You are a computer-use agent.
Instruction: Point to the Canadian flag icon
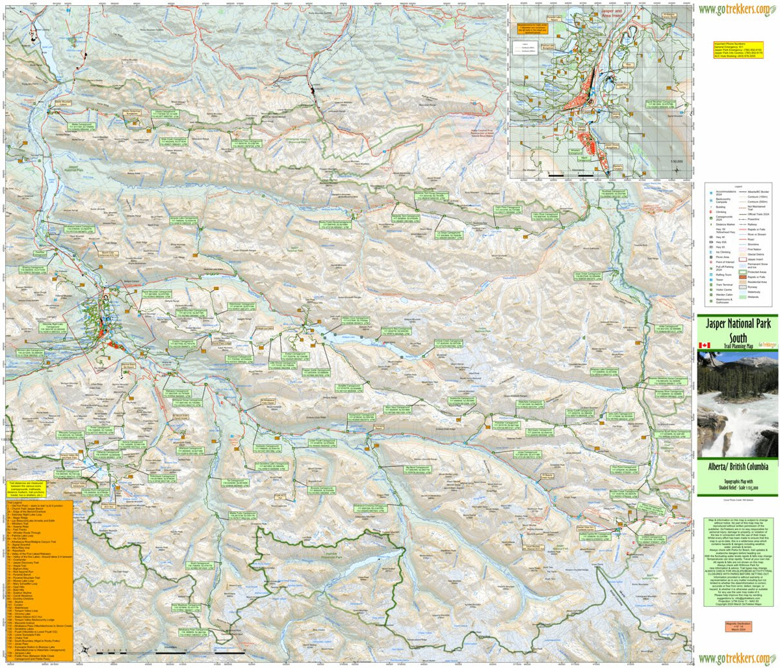[703, 345]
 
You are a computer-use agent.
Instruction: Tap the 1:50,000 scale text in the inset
[677, 161]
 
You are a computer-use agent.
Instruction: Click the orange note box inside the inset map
[532, 29]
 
